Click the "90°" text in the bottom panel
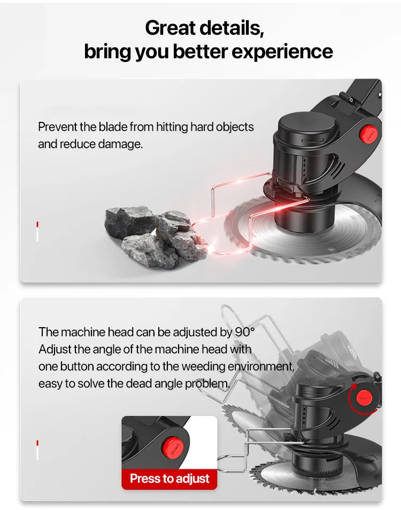(x=244, y=332)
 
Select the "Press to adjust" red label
(x=169, y=479)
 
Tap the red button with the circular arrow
(x=364, y=398)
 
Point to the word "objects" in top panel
(x=235, y=127)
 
